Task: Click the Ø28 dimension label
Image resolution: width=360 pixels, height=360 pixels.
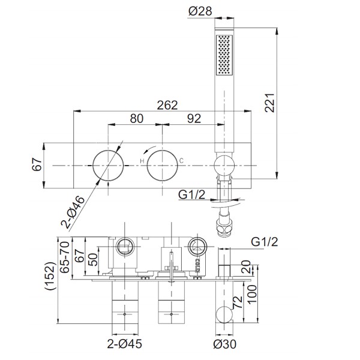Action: pos(200,11)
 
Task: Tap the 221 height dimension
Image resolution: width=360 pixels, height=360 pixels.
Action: pos(269,103)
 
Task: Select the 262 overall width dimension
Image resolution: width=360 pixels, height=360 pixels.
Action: pos(167,105)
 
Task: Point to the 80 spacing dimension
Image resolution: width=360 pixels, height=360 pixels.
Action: pos(137,118)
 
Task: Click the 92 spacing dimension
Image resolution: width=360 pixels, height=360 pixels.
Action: pos(194,118)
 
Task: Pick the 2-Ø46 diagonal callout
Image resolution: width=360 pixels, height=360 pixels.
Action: pos(73,212)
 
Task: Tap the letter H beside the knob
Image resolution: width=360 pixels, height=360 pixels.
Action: pos(142,161)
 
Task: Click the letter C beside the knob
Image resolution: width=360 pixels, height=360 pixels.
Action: pos(181,161)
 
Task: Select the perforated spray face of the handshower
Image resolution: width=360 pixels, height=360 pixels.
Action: pos(224,55)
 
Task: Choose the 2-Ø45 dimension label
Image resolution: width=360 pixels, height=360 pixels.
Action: pos(124,344)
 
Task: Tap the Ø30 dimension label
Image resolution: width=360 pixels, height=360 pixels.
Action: pos(224,344)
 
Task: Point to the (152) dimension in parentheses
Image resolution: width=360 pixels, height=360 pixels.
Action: pos(50,276)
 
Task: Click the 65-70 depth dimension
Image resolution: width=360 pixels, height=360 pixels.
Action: pos(65,257)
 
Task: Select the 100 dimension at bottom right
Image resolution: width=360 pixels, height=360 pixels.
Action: pos(252,295)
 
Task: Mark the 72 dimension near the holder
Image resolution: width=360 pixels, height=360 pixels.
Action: pos(238,302)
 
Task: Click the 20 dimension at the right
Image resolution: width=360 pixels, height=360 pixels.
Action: pos(245,266)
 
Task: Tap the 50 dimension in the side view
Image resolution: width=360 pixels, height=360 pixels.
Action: pos(93,260)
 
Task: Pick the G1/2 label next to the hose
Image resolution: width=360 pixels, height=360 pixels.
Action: pos(191,195)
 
